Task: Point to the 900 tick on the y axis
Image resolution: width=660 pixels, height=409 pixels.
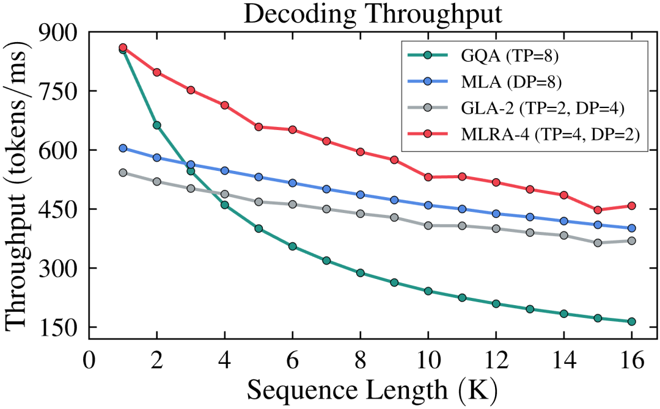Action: click(x=59, y=32)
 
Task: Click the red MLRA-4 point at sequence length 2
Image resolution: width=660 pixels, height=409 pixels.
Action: click(x=157, y=72)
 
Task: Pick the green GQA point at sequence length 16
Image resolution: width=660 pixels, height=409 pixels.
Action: click(x=631, y=322)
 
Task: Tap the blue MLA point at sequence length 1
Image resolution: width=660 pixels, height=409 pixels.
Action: click(x=123, y=148)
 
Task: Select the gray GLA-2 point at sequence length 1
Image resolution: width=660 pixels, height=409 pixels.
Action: click(x=123, y=173)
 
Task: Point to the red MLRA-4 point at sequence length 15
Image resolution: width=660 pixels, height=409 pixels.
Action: click(x=598, y=210)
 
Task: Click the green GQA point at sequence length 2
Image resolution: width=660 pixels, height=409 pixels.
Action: click(x=157, y=125)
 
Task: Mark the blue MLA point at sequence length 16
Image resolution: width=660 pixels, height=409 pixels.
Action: click(x=631, y=228)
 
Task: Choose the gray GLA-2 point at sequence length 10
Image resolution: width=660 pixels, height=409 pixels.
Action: click(x=428, y=225)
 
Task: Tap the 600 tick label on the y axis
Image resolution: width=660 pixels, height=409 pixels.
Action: click(x=59, y=150)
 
